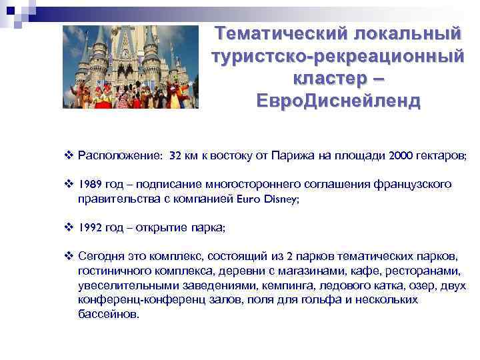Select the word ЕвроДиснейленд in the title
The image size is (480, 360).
[x=338, y=101]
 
